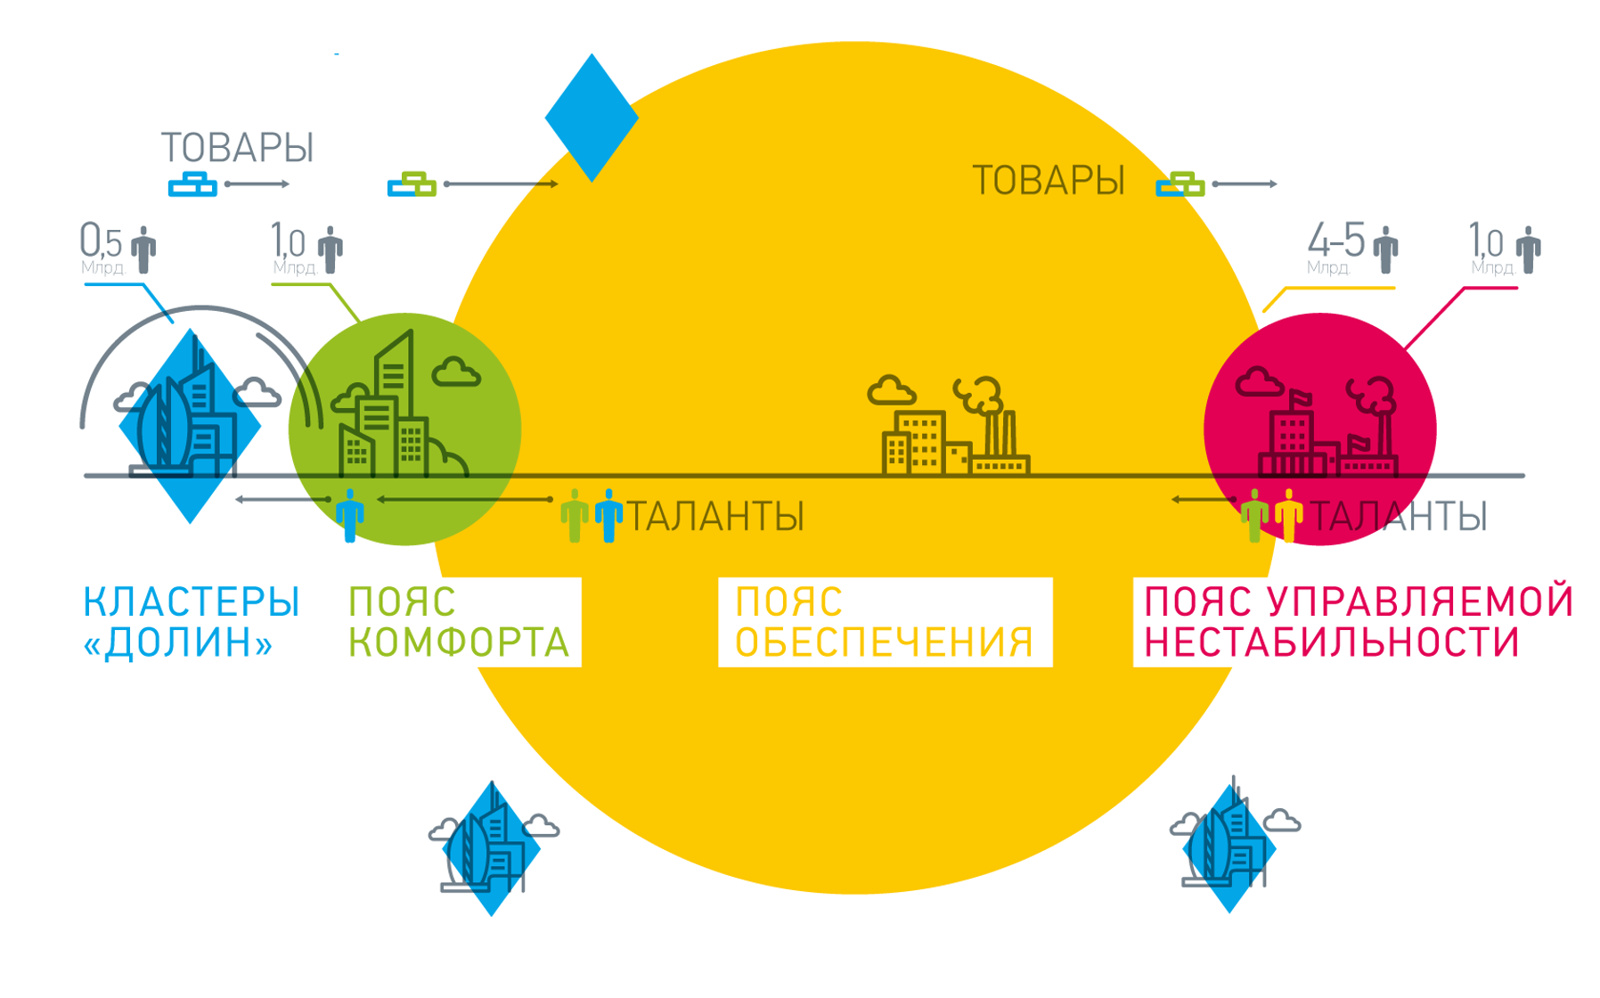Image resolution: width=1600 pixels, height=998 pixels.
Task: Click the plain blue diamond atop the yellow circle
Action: [x=592, y=118]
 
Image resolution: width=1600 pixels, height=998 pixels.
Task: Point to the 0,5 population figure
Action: [x=101, y=241]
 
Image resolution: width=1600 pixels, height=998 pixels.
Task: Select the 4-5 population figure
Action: [x=1335, y=241]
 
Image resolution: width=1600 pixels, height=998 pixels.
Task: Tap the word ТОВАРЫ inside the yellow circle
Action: [x=1048, y=181]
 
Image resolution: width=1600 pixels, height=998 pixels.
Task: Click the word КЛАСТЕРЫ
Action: [x=192, y=602]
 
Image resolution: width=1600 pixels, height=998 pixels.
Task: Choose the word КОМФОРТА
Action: [x=459, y=642]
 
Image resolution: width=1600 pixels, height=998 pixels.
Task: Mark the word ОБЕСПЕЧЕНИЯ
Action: [x=884, y=642]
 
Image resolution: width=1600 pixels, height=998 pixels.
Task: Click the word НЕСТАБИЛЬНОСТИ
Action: [x=1331, y=642]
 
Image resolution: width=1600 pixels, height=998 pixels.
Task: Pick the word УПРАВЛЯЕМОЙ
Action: [x=1420, y=602]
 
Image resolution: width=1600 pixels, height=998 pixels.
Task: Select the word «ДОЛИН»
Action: [x=178, y=642]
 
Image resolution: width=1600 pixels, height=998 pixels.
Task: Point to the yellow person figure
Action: [x=1288, y=515]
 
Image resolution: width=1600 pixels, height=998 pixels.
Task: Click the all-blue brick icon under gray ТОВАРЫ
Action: [x=192, y=184]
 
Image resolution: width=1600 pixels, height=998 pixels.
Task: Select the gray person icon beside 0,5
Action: [x=143, y=250]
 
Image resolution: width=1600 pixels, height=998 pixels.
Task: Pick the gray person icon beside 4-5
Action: [x=1385, y=250]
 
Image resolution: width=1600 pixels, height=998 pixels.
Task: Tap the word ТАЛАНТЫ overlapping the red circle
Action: [x=1398, y=517]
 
